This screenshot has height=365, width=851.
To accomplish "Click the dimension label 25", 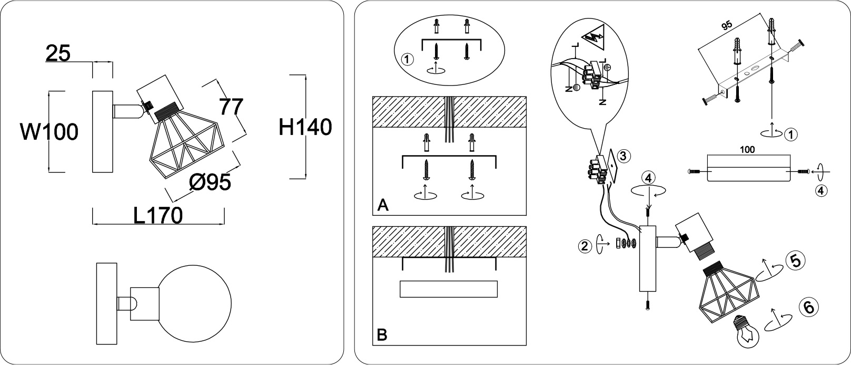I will pyautogui.click(x=58, y=53).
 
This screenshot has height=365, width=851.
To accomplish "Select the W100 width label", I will pyautogui.click(x=50, y=132).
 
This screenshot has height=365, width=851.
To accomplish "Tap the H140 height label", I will pyautogui.click(x=305, y=127).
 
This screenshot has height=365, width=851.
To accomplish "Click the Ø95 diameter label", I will pyautogui.click(x=210, y=182).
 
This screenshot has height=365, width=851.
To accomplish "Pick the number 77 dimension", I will pyautogui.click(x=231, y=107).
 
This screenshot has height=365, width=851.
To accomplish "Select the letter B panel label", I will pyautogui.click(x=382, y=334).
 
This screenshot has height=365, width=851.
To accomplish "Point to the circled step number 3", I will pyautogui.click(x=622, y=156).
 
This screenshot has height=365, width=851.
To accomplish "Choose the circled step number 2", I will pyautogui.click(x=583, y=245).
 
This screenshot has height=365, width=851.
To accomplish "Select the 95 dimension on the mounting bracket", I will pyautogui.click(x=727, y=27).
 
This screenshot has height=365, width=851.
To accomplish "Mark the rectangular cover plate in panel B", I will pyautogui.click(x=449, y=289).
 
